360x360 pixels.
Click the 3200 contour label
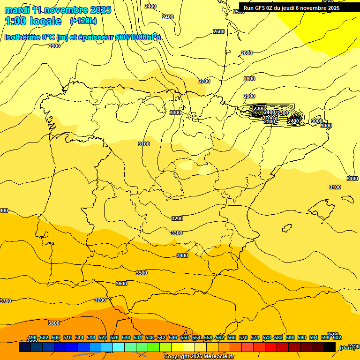[177, 218]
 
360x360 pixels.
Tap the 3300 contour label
[177, 233]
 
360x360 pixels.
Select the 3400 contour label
[182, 255]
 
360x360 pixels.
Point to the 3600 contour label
[121, 284]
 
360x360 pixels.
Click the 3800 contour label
[54, 323]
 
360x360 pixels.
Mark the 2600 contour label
[247, 53]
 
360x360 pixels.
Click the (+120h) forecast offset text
[83, 21]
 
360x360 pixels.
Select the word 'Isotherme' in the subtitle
[22, 37]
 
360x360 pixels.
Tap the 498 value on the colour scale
[32, 337]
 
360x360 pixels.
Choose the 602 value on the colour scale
[337, 337]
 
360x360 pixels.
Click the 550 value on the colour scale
[185, 337]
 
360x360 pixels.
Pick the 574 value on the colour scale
[255, 337]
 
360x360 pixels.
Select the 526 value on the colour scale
[114, 337]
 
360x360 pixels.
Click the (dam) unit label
[347, 347]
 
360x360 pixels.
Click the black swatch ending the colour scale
[330, 347]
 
